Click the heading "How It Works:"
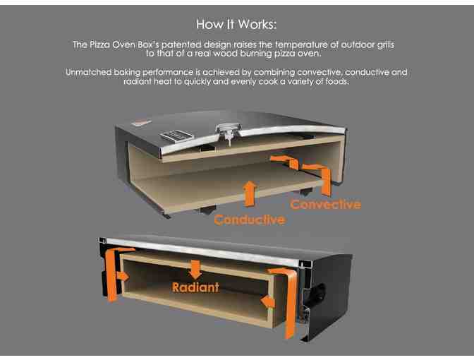coord(236,25)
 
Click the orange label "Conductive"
coord(249,220)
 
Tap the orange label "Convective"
coord(325,205)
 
